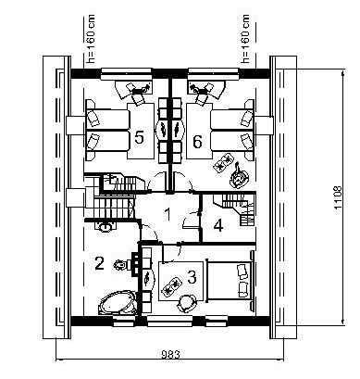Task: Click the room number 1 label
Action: (x=168, y=215)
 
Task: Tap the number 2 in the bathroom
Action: (x=99, y=263)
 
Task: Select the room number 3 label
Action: (x=192, y=277)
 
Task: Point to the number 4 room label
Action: (x=218, y=225)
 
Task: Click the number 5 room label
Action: (x=139, y=137)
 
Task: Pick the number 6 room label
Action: (x=197, y=142)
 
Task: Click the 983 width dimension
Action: (x=170, y=354)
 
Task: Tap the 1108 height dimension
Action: (x=339, y=197)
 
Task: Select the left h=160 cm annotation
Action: (x=91, y=39)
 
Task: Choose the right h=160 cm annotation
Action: (x=245, y=39)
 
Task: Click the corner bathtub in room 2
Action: (x=117, y=302)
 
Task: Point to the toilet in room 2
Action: (x=121, y=265)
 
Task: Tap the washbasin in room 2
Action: (x=105, y=226)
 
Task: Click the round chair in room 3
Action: (x=187, y=303)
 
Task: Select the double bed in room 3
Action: (x=230, y=281)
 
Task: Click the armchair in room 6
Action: (x=239, y=177)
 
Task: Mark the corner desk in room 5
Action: (x=133, y=90)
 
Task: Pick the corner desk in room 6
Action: (x=206, y=90)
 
